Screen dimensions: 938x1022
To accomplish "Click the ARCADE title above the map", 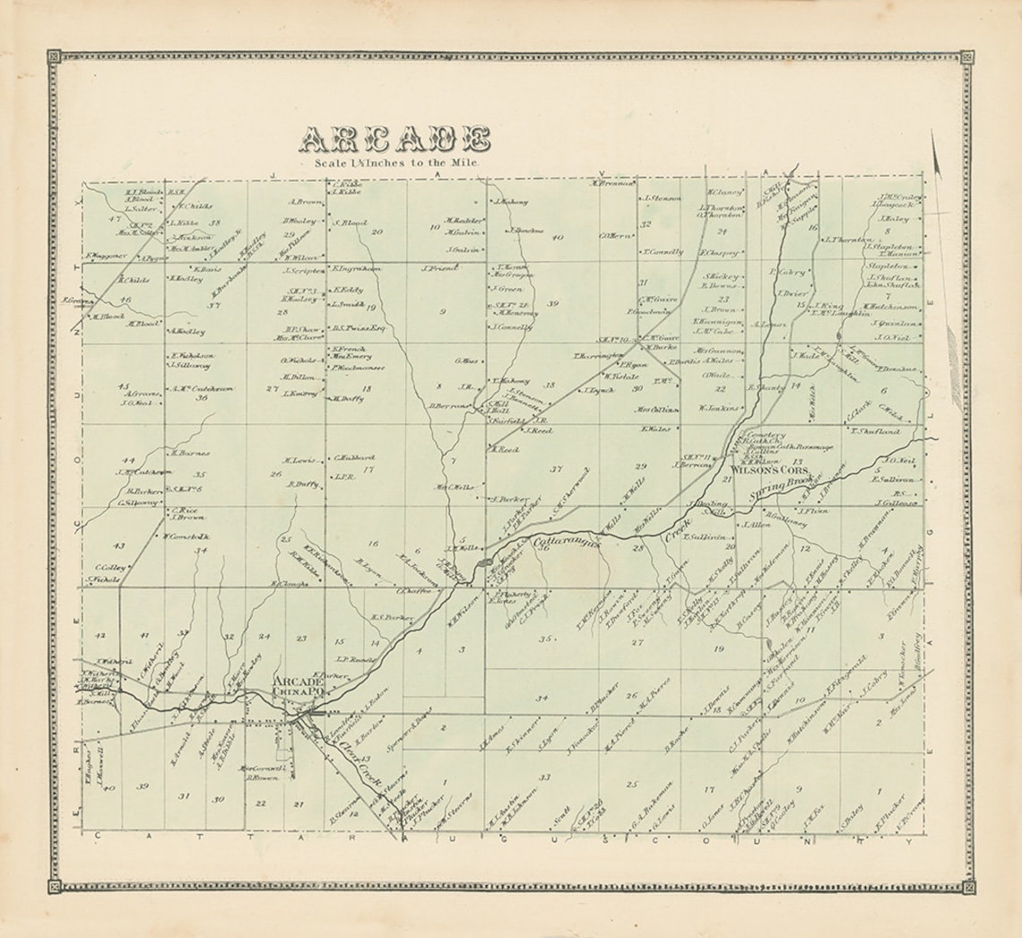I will pyautogui.click(x=394, y=140).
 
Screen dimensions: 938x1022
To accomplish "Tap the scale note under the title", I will pyautogui.click(x=396, y=163).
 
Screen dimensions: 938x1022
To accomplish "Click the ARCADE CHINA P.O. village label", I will pyautogui.click(x=298, y=686).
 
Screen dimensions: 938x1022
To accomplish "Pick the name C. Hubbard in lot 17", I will pyautogui.click(x=353, y=457).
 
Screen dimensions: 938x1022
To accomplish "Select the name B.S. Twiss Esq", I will pyautogui.click(x=358, y=327).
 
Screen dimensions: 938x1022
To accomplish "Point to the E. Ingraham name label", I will pyautogui.click(x=356, y=268).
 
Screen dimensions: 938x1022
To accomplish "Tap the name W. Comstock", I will pyautogui.click(x=186, y=536).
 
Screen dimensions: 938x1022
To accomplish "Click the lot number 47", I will pyautogui.click(x=113, y=219).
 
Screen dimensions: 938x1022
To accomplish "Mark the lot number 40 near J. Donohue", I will pyautogui.click(x=558, y=238).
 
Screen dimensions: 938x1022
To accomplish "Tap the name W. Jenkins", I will pyautogui.click(x=718, y=408).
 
